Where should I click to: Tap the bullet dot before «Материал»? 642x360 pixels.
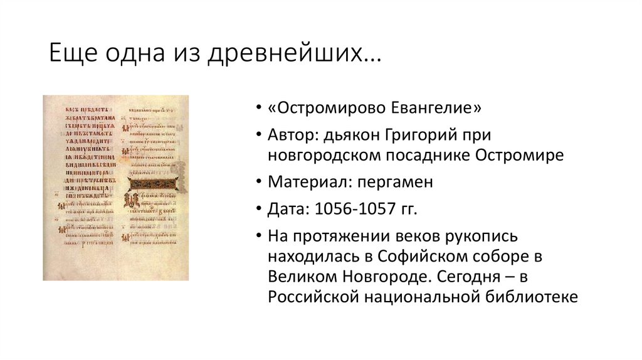259,183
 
